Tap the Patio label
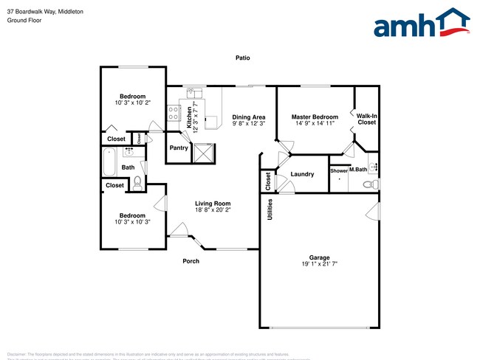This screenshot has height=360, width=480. click(242, 58)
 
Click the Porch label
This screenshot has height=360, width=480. click(192, 260)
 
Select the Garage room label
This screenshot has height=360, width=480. click(319, 257)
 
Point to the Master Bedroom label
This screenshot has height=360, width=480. click(315, 117)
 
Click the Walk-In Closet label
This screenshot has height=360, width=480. click(366, 119)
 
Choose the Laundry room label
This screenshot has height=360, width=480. click(302, 175)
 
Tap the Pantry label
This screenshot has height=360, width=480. click(179, 148)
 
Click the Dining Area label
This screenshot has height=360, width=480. click(249, 117)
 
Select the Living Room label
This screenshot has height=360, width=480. click(213, 204)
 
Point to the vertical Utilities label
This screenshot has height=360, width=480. click(270, 210)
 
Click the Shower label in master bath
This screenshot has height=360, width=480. click(338, 170)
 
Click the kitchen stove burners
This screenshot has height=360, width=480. click(174, 113)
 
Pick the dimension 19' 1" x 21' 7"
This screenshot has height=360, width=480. click(319, 264)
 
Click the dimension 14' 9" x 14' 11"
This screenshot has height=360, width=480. click(315, 124)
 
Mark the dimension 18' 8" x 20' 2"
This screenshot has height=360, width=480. click(213, 210)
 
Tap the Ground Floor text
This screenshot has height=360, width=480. click(24, 21)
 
